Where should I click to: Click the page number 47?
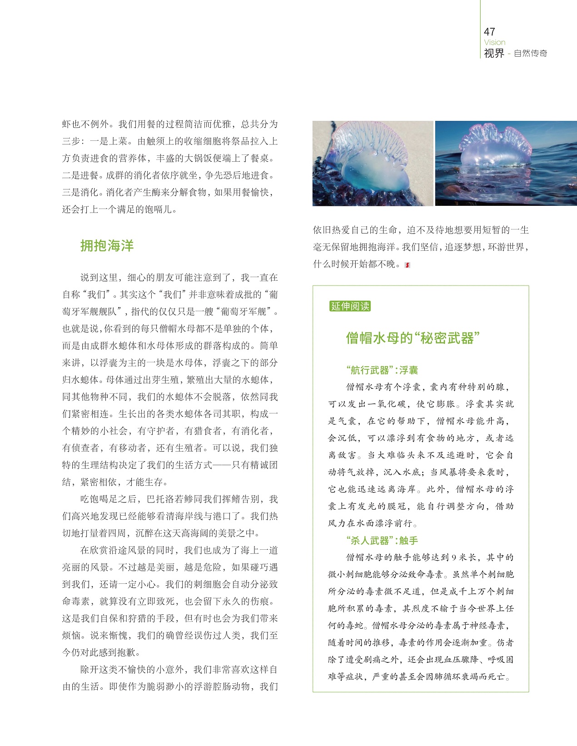[489, 31]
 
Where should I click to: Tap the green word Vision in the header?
[494, 42]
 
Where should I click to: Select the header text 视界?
[494, 53]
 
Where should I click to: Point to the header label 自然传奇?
[530, 53]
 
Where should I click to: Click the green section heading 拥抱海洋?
[107, 246]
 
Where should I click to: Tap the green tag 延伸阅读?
[350, 306]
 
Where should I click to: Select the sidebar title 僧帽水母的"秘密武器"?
[413, 338]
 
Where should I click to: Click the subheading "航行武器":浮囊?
[382, 370]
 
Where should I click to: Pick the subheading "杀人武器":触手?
[382, 541]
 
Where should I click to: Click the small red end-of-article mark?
[407, 264]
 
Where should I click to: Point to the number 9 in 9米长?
[454, 557]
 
